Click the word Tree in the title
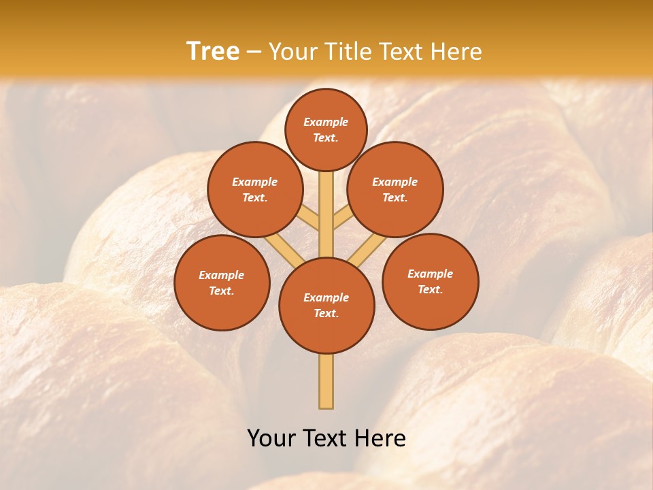[x=213, y=51]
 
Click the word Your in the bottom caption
[x=271, y=438]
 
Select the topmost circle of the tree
[x=326, y=129]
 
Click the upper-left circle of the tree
[x=255, y=189]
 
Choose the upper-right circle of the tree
[x=395, y=189]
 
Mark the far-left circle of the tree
[x=222, y=282]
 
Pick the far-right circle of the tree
[x=430, y=281]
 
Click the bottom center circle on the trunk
[x=326, y=306]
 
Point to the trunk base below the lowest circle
[x=326, y=381]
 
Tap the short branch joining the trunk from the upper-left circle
[x=310, y=219]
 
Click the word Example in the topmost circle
[x=326, y=122]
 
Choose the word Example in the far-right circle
[x=430, y=274]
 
